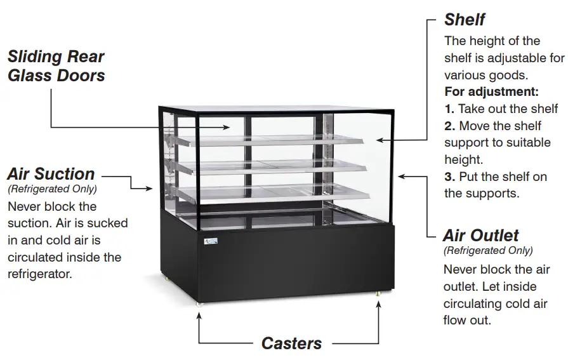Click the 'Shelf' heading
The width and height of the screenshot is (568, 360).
pyautogui.click(x=465, y=20)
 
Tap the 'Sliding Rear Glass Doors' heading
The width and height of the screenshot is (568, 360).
pyautogui.click(x=56, y=66)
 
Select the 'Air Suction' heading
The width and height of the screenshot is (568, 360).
pyautogui.click(x=51, y=174)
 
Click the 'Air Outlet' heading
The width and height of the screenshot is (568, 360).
pyautogui.click(x=481, y=236)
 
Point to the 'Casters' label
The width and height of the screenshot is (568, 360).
pyautogui.click(x=291, y=343)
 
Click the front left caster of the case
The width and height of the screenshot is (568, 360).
pyautogui.click(x=199, y=303)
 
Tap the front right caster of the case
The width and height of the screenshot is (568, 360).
pyautogui.click(x=379, y=294)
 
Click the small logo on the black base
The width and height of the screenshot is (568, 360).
pyautogui.click(x=211, y=241)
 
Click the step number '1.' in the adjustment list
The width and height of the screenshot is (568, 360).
pyautogui.click(x=449, y=109)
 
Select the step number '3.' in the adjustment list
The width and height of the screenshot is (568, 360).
pyautogui.click(x=449, y=177)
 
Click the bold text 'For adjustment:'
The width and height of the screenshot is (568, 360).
pyautogui.click(x=491, y=91)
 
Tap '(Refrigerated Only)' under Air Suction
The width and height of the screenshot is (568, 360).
pyautogui.click(x=52, y=189)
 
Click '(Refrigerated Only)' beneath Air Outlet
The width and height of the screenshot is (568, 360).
pyautogui.click(x=488, y=251)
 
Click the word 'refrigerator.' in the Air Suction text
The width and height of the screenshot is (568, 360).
pyautogui.click(x=39, y=274)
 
